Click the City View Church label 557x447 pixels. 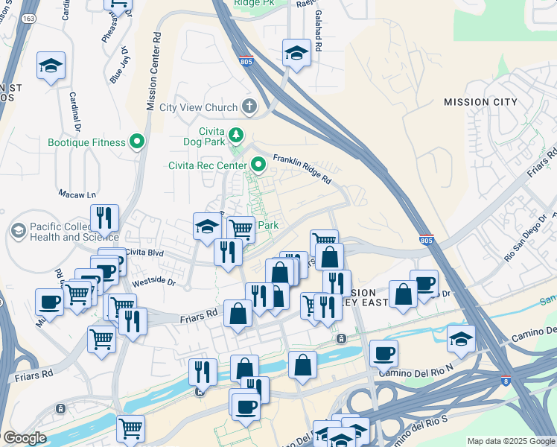click(x=198, y=107)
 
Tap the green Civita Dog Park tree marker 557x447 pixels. click(x=236, y=135)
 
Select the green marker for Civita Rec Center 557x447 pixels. click(x=258, y=164)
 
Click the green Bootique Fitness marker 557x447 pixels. click(x=137, y=142)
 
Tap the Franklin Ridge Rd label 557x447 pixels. click(x=301, y=169)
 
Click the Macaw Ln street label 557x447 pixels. click(x=82, y=194)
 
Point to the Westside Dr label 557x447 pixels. click(x=153, y=283)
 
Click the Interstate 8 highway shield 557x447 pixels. click(x=506, y=380)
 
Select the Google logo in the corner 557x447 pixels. click(x=25, y=438)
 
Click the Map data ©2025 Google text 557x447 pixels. click(x=510, y=441)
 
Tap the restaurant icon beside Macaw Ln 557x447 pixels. click(x=104, y=218)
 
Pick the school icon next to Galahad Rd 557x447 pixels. click(x=296, y=53)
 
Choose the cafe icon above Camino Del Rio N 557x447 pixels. click(x=383, y=352)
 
